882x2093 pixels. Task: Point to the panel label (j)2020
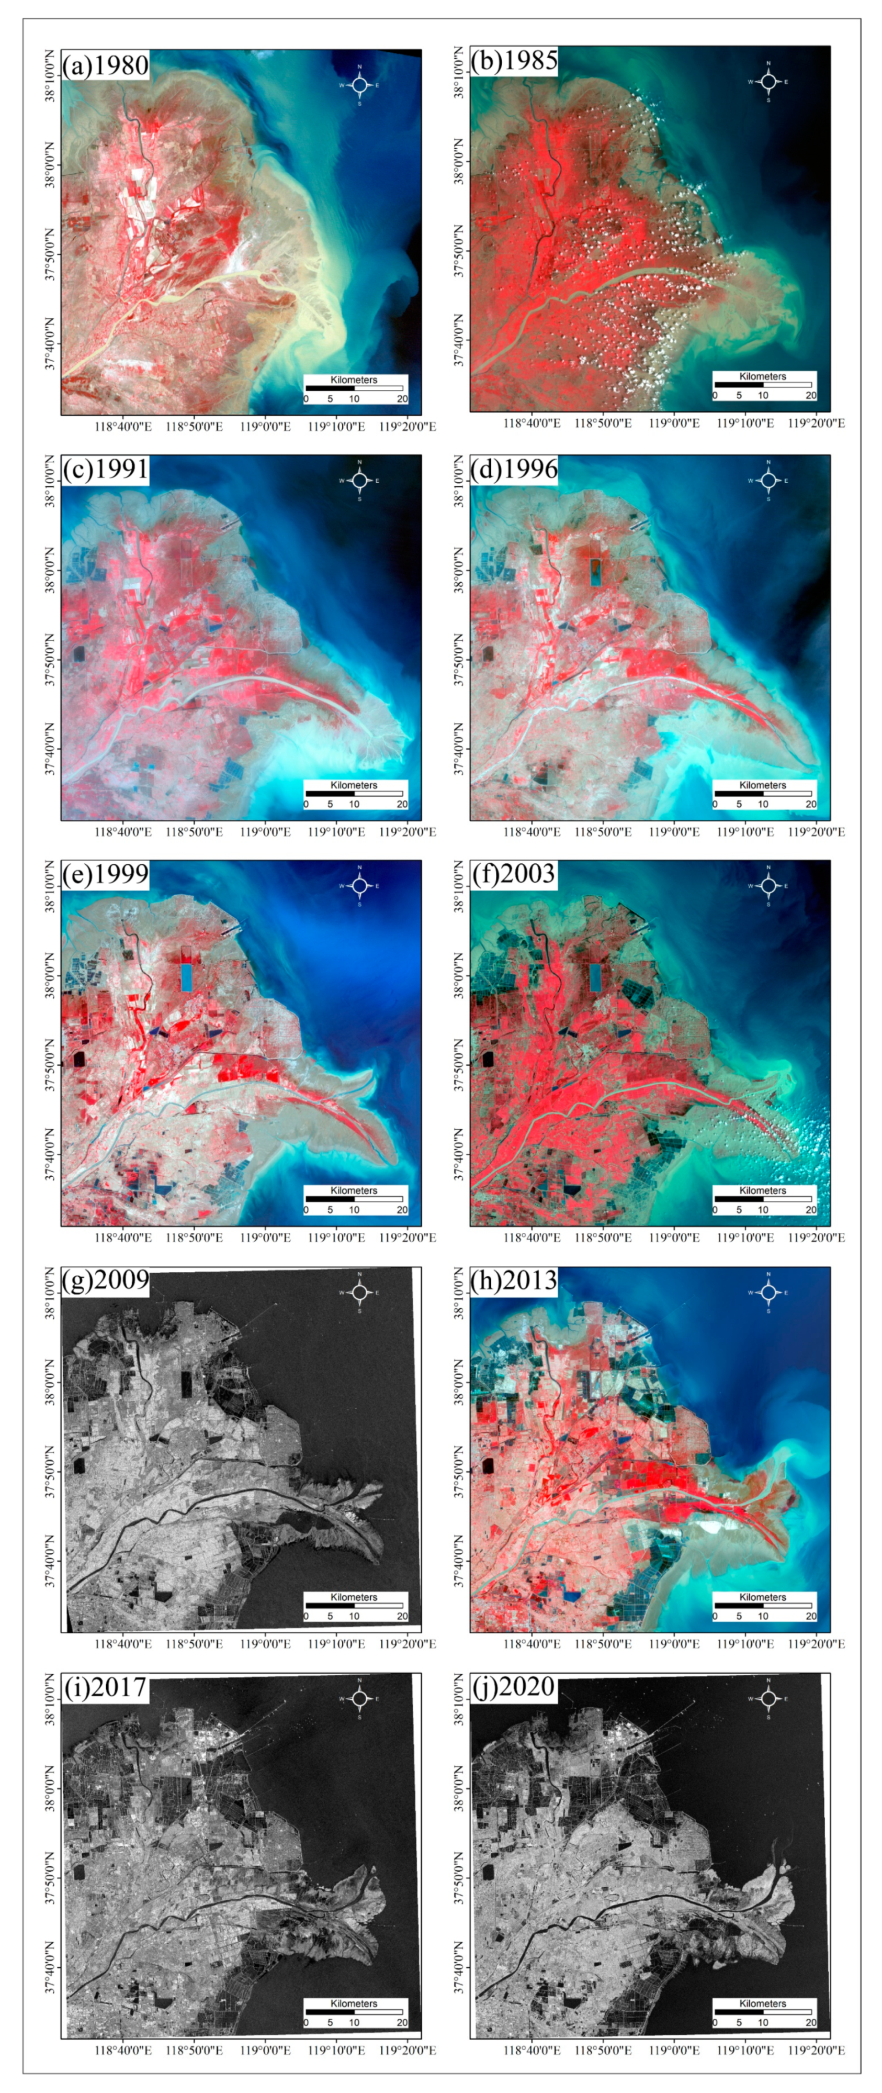(x=513, y=1688)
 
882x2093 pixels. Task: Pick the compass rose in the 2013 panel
(x=768, y=1292)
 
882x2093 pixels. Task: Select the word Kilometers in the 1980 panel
(x=354, y=380)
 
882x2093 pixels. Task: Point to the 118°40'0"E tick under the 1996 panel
(x=533, y=831)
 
